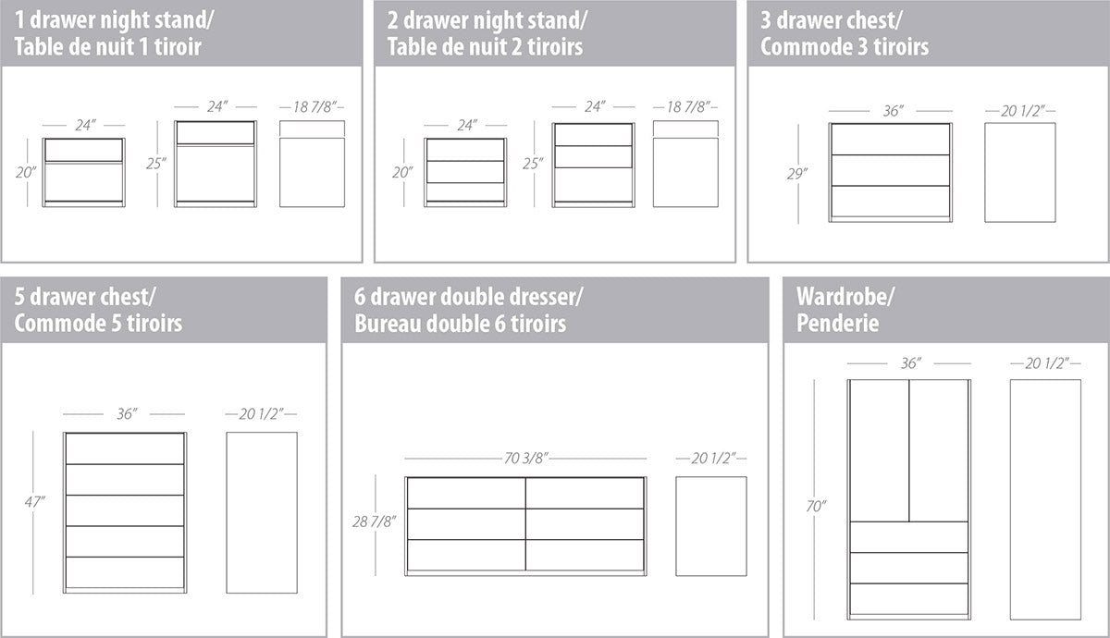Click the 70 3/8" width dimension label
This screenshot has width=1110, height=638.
pos(526,459)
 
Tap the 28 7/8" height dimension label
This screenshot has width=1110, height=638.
pos(374,521)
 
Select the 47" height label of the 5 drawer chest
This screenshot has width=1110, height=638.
pos(35,502)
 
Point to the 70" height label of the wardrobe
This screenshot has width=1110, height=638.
pos(816,507)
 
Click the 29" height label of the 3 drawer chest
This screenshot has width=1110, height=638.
pos(797,174)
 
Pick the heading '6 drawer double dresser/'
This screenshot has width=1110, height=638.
pos(468,297)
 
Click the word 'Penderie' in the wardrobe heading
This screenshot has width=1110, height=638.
pos(837,324)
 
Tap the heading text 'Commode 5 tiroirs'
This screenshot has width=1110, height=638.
pos(98,324)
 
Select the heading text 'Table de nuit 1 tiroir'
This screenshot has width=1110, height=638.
pos(107,47)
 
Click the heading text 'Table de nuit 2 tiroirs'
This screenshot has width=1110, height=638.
pos(485,47)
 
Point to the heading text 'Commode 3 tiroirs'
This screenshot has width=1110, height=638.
pos(845,47)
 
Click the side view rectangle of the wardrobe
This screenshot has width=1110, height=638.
pos(1045,499)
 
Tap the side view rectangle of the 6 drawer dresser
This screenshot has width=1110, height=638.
pos(711,526)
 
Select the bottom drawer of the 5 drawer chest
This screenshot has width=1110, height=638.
pos(125,572)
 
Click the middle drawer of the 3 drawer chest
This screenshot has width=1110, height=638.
pos(891,170)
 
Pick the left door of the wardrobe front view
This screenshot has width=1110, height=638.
pos(880,451)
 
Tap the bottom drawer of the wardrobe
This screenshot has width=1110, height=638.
pos(909,598)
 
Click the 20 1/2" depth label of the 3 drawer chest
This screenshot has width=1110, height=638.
pos(1020,111)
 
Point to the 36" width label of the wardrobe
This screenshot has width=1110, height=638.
pos(911,363)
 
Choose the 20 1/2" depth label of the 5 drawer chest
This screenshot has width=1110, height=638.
pos(261,413)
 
